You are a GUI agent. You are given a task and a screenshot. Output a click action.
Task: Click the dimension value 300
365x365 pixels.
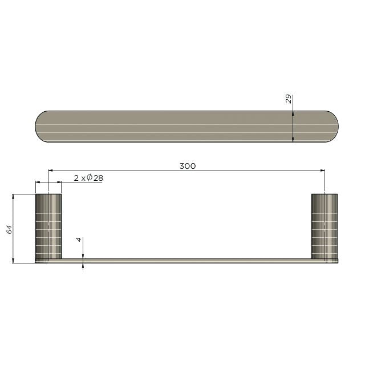click(x=187, y=166)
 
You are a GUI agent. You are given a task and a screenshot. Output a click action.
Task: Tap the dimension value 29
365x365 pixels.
click(x=287, y=99)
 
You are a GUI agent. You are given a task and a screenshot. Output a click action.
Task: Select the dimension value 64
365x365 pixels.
click(x=9, y=229)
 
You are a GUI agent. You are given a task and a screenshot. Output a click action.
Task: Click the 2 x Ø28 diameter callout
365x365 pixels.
click(x=88, y=178)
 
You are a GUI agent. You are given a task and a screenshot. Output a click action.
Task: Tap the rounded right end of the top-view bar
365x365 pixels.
click(x=332, y=126)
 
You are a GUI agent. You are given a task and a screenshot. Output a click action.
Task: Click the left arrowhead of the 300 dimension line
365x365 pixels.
click(x=51, y=170)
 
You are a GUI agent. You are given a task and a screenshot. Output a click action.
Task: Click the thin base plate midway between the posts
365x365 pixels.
click(x=186, y=261)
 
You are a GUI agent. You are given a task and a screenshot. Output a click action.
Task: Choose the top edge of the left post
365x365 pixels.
click(x=48, y=194)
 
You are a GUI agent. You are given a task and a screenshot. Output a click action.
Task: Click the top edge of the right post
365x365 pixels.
click(x=324, y=194)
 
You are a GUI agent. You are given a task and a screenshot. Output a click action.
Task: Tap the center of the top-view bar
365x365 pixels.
click(x=186, y=126)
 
